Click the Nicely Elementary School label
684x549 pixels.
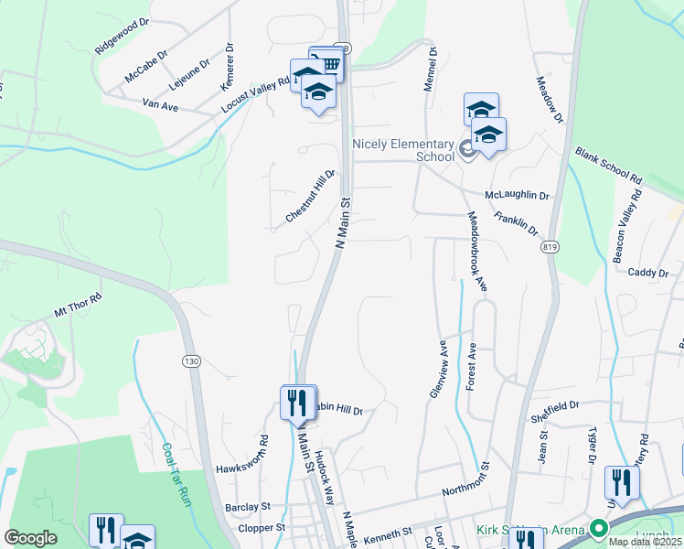[x=403, y=150]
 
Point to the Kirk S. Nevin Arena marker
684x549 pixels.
[x=599, y=530]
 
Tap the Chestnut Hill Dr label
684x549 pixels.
[x=311, y=196]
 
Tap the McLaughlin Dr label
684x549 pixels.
[x=517, y=195]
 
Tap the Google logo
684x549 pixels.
[x=30, y=538]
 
